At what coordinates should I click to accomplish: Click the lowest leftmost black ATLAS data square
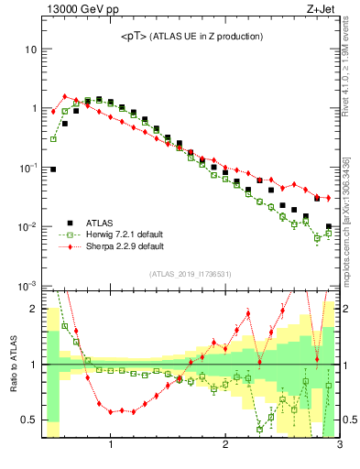pos(53,169)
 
